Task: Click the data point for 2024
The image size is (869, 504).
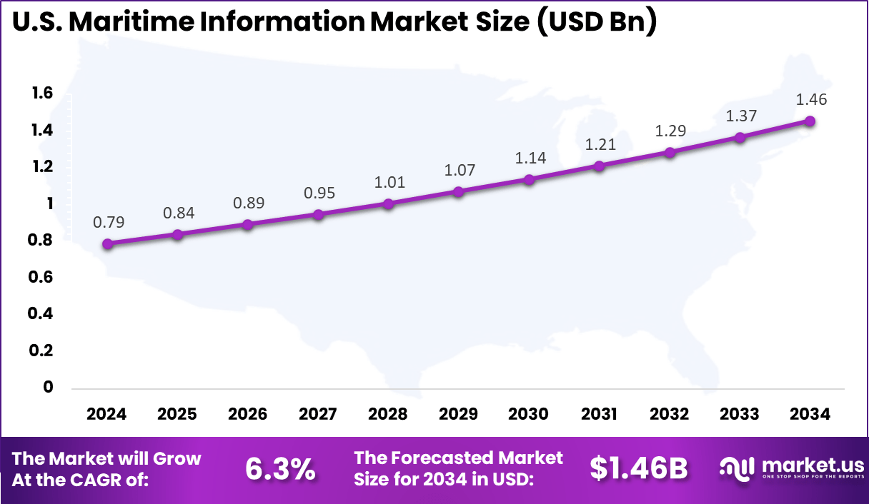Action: (107, 243)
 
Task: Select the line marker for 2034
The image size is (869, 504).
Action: (810, 121)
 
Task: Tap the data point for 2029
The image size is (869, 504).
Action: (459, 191)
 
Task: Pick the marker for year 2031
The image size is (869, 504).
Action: (600, 166)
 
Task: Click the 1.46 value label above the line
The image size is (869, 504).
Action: (811, 100)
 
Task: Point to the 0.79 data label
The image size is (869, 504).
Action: (109, 222)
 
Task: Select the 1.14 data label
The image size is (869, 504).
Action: (530, 158)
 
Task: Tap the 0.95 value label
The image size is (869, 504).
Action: (319, 193)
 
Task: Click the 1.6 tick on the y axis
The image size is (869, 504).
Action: (42, 93)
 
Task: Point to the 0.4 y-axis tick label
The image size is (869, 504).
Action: (42, 313)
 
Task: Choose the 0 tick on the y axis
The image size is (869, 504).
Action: (49, 387)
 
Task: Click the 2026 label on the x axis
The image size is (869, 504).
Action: (248, 414)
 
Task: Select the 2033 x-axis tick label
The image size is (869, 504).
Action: (740, 414)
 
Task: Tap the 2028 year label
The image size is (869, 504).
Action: (389, 414)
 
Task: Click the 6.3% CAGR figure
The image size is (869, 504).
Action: (279, 468)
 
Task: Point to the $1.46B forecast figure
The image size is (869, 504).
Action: (638, 468)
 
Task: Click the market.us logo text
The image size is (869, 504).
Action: (810, 464)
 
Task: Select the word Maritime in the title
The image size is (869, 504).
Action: (131, 23)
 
